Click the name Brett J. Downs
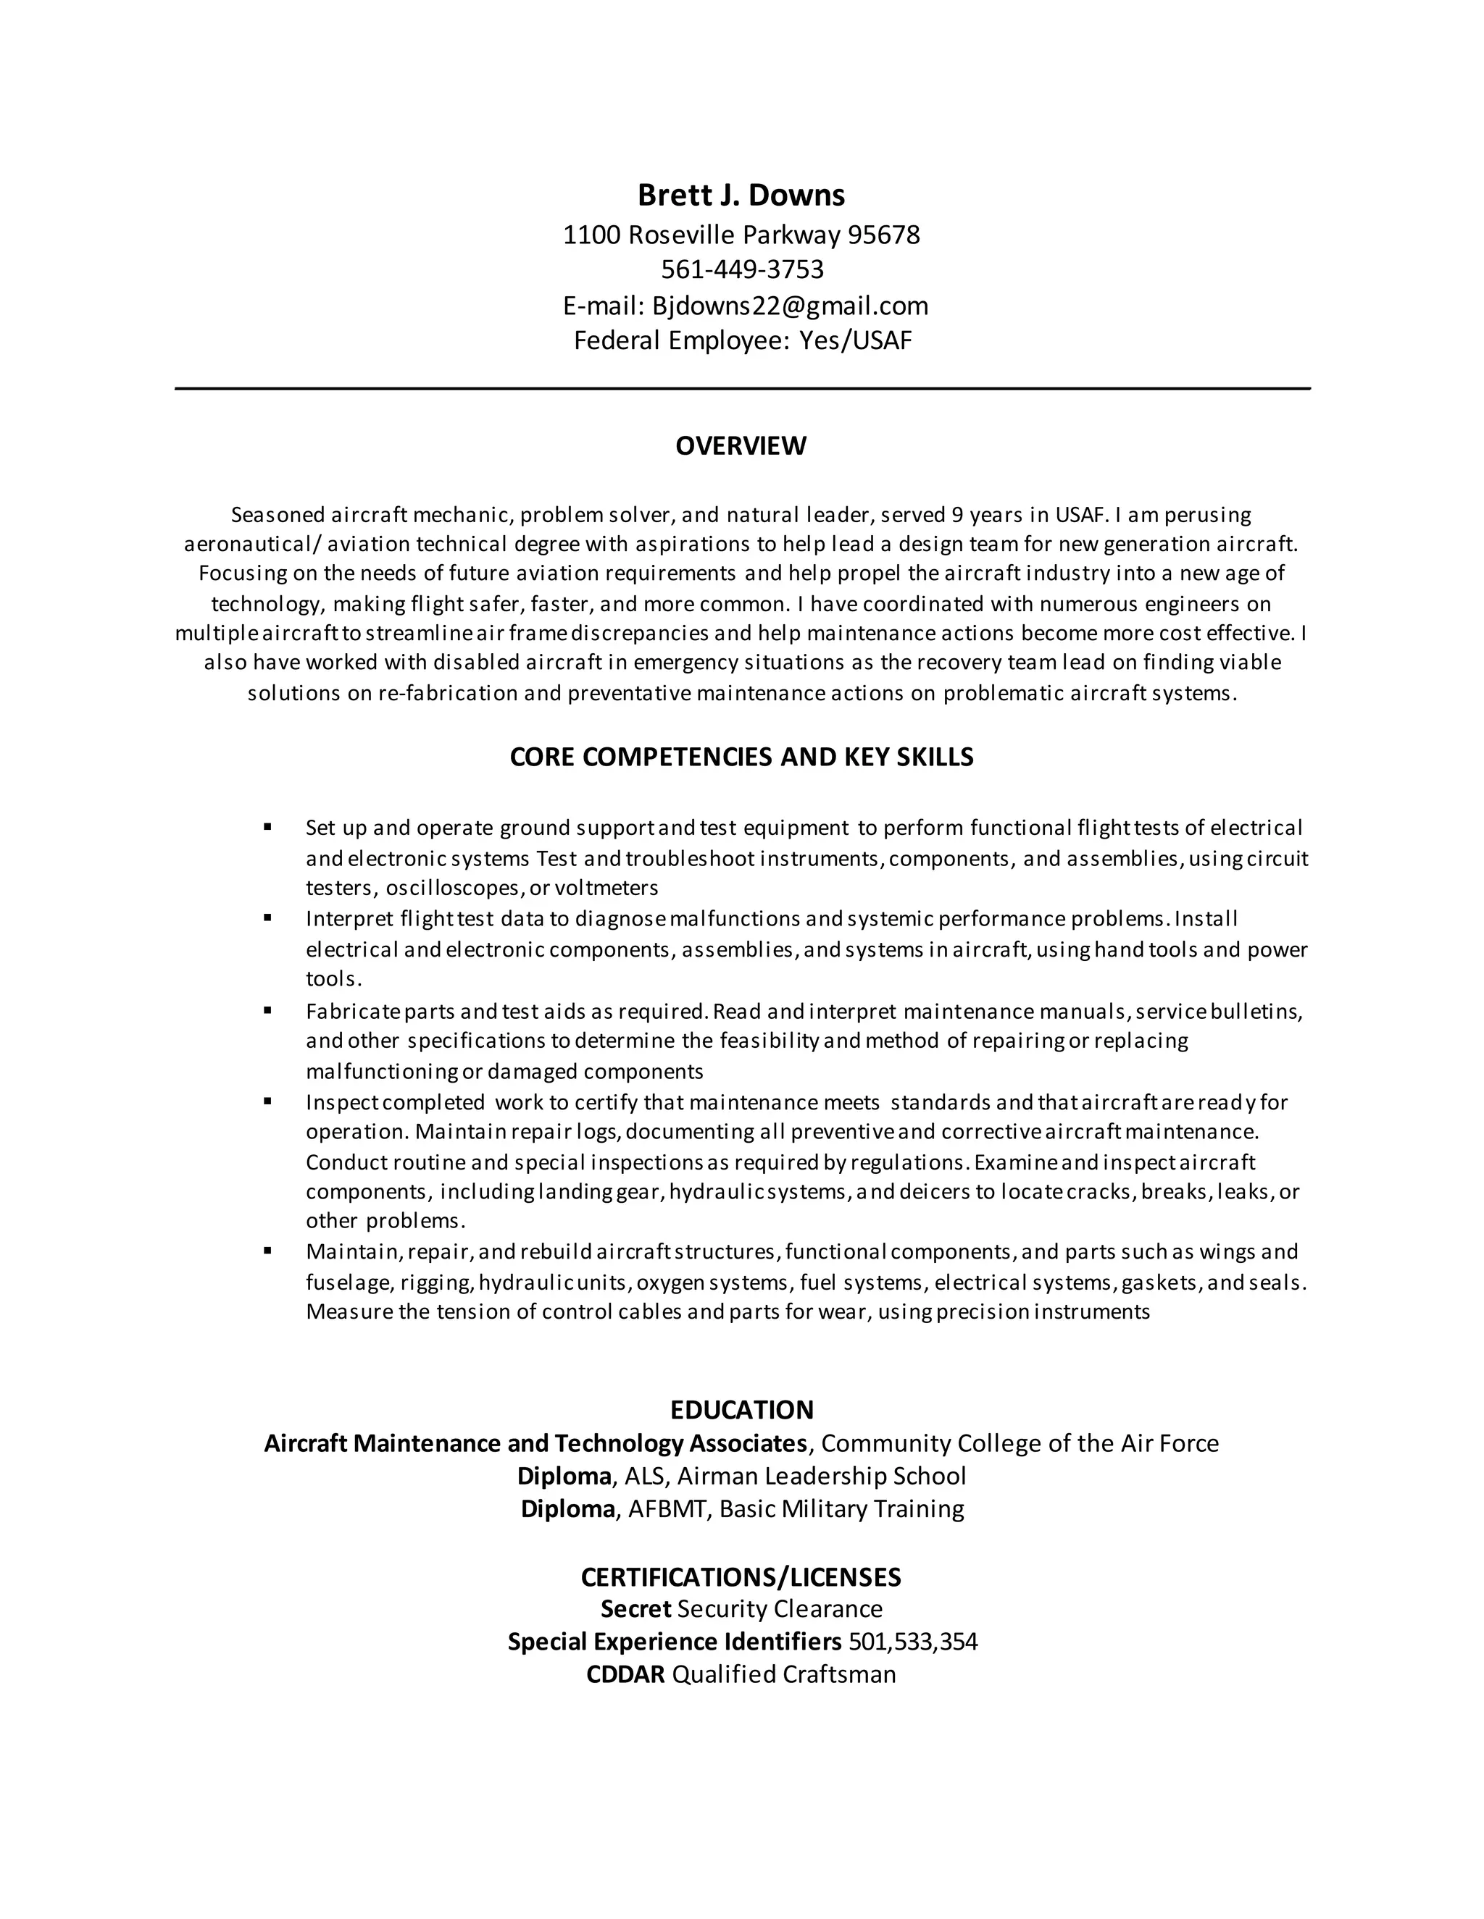(741, 195)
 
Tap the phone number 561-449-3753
(742, 269)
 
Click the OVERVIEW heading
(741, 446)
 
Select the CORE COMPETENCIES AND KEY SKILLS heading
(741, 757)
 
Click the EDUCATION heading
(741, 1410)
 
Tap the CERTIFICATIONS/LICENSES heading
(741, 1577)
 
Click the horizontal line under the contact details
(742, 388)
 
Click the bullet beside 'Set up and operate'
(267, 827)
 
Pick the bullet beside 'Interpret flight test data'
(267, 918)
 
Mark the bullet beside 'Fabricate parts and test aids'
(267, 1010)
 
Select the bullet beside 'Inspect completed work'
(267, 1101)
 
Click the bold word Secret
(635, 1610)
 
